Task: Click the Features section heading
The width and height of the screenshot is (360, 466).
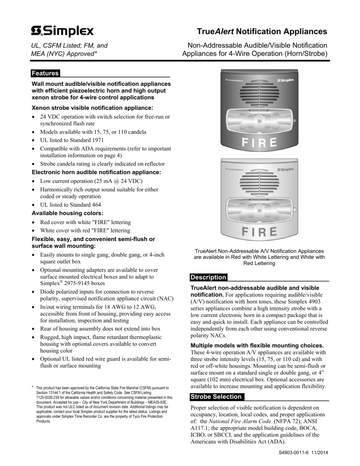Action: click(45, 74)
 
